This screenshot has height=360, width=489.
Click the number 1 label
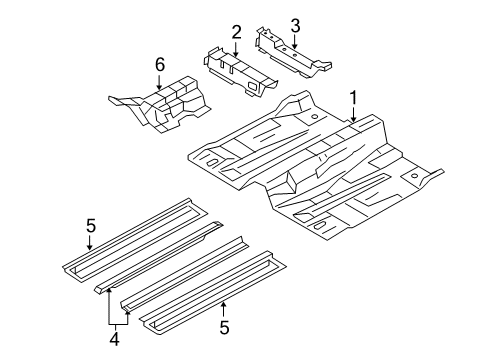[x=353, y=98]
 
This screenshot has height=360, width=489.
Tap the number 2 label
[x=236, y=33]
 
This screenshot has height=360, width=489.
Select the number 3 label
[x=295, y=26]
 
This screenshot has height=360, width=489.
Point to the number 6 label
[x=160, y=65]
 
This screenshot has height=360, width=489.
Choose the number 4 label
[x=114, y=339]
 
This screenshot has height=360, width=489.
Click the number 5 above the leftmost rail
[x=91, y=226]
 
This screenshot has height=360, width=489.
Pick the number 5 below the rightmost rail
[x=224, y=327]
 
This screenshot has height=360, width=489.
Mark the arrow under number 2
[x=236, y=49]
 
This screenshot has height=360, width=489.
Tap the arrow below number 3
[x=295, y=42]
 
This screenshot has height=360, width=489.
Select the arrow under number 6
[x=159, y=82]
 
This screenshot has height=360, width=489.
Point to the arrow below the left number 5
[x=89, y=243]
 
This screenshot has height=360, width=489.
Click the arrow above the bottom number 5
[x=224, y=309]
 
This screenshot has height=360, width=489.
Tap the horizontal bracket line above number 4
[x=118, y=324]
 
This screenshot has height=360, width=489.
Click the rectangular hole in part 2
[x=253, y=86]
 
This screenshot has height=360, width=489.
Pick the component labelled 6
[x=160, y=104]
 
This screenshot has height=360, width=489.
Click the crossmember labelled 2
[x=239, y=71]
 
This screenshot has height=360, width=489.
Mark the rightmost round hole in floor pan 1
[x=414, y=176]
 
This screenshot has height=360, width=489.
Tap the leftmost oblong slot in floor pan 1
[x=212, y=162]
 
